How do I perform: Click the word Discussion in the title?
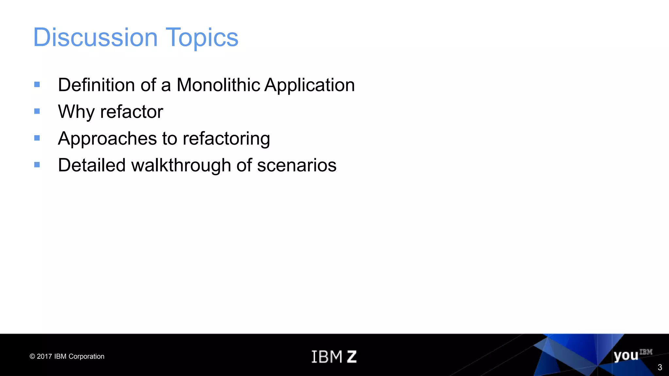95,37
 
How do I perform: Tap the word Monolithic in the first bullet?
218,85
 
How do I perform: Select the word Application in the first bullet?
309,86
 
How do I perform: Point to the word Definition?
96,85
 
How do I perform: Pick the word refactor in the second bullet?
132,112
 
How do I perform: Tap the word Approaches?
107,139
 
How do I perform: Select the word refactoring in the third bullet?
226,139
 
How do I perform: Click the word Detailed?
91,165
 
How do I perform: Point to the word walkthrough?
181,165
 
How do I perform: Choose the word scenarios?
297,165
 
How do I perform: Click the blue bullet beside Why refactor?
37,111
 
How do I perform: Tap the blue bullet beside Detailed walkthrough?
37,165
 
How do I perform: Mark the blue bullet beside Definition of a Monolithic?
37,85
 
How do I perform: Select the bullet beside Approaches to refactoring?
37,138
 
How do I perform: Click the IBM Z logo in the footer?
334,356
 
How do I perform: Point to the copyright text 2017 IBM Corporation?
67,356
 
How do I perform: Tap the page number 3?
660,368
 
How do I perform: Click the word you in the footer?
626,355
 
